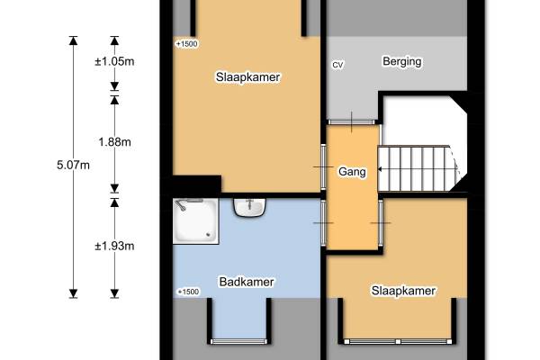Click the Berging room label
click(402, 62)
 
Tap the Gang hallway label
click(352, 172)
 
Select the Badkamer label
click(247, 282)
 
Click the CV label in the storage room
click(337, 65)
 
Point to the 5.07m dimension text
click(74, 165)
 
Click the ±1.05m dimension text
click(114, 62)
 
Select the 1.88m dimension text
click(114, 142)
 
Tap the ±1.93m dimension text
click(114, 246)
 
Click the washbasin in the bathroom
click(249, 207)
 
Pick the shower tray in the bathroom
click(195, 221)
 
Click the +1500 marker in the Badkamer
click(188, 292)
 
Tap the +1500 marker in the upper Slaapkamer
click(186, 44)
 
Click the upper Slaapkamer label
click(248, 76)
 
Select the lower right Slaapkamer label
click(403, 291)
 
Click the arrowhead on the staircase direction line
click(380, 169)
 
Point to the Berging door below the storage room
click(351, 122)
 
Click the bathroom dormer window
click(239, 342)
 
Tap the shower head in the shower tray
click(181, 206)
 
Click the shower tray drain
click(208, 235)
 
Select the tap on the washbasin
click(249, 203)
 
